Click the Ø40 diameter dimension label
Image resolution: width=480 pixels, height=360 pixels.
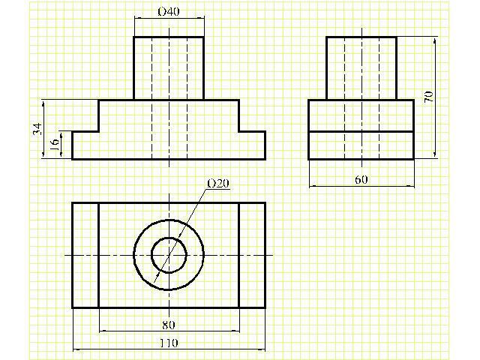pos(168,12)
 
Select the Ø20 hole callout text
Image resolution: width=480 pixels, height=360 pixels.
pos(218,183)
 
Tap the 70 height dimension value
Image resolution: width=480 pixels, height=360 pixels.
pos(429,97)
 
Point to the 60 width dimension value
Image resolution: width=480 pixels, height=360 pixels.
pos(361,179)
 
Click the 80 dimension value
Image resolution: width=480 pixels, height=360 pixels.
pos(168,325)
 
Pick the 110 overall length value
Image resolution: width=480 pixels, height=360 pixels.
pos(169,343)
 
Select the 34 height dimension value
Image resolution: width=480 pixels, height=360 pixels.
pos(37,129)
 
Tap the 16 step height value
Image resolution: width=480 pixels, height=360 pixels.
pos(55,145)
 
